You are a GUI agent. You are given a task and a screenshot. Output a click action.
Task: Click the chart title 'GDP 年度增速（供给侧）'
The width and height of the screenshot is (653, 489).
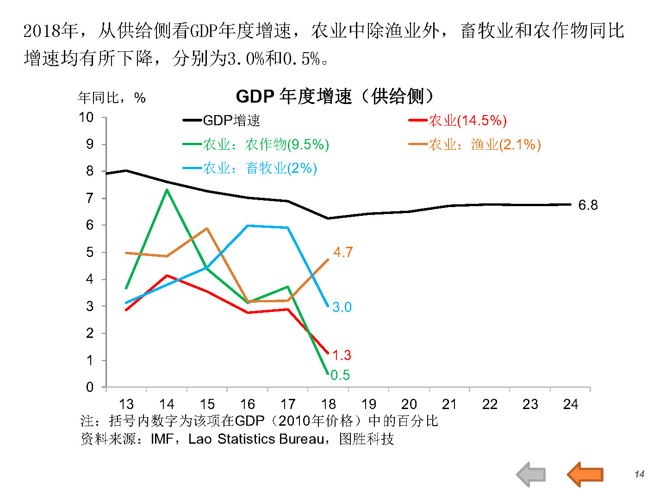coord(335,97)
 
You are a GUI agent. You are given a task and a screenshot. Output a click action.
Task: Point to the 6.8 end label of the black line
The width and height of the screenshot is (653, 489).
coord(588,205)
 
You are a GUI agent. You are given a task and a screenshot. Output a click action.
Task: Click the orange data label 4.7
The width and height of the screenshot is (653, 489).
coord(343,252)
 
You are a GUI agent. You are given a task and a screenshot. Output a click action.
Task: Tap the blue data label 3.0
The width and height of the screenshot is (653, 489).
coord(342,307)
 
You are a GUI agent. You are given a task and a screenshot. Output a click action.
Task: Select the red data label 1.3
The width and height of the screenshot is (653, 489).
coord(342,355)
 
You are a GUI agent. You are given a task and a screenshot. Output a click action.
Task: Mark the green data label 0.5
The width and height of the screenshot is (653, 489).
coord(340,375)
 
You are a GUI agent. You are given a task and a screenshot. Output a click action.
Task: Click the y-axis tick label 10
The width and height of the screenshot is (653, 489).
coord(86,117)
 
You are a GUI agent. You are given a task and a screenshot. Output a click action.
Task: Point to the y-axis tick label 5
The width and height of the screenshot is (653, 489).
coord(90,252)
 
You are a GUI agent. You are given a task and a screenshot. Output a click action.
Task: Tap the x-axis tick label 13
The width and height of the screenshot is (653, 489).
coord(126,404)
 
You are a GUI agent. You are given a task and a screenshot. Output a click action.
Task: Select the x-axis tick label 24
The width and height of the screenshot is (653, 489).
coord(571,404)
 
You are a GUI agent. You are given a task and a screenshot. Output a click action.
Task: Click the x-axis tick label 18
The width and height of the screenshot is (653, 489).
coord(328,404)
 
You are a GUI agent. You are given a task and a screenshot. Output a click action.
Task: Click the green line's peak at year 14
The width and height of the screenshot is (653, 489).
coord(167,189)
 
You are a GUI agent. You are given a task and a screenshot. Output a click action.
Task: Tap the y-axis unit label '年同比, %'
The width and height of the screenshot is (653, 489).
coord(112,98)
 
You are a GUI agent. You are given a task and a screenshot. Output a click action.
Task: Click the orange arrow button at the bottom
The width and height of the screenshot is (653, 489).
coord(585,474)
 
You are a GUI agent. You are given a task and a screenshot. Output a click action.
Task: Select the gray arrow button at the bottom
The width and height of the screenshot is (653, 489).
coord(531,474)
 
